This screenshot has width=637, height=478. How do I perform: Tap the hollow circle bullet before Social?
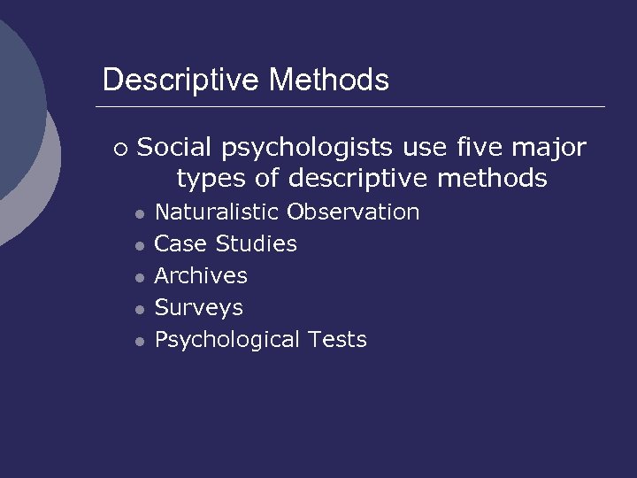[120, 149]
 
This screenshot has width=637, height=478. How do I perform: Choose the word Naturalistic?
[218, 212]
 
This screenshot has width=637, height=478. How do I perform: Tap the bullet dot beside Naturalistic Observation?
[139, 214]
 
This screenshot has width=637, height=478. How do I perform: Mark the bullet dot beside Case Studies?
[139, 246]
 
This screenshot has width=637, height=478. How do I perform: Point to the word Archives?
[201, 275]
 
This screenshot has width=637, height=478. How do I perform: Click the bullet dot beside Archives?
[139, 278]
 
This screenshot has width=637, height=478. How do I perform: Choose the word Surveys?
[199, 308]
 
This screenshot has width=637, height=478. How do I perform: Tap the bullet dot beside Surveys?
[139, 310]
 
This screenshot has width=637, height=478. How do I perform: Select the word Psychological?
[227, 340]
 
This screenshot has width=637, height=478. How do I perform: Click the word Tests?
[337, 340]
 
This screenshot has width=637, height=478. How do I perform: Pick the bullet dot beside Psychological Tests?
[139, 342]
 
